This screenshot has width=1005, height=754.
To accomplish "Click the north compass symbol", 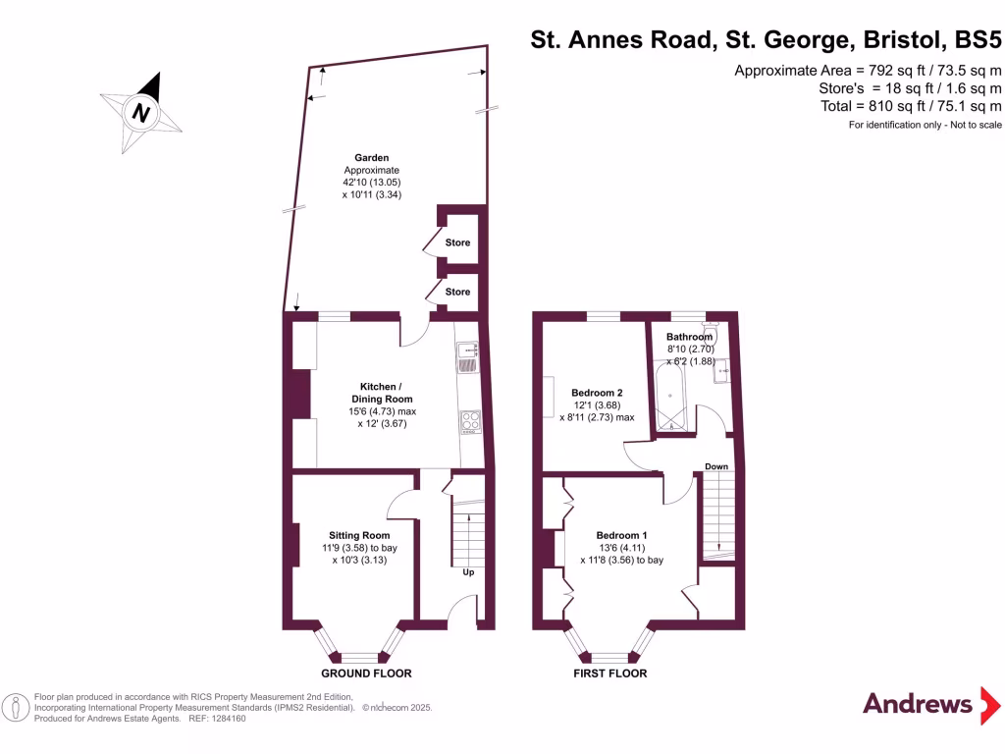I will click(x=142, y=110).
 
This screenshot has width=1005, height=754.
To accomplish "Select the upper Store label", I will click(x=457, y=242).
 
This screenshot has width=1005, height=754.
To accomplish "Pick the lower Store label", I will click(x=457, y=292).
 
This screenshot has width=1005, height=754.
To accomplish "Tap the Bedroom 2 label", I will click(x=598, y=393).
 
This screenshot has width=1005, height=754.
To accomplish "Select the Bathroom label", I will click(x=690, y=337).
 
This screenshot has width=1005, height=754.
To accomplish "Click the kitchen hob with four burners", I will click(x=470, y=422).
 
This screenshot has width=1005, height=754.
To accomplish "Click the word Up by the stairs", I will click(x=468, y=572).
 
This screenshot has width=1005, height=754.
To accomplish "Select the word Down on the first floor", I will click(x=716, y=466).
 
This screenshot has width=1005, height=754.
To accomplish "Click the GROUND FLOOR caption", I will click(x=367, y=673).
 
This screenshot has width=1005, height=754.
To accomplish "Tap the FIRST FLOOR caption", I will click(x=610, y=673).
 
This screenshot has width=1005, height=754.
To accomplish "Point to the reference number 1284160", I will click(x=225, y=719).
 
